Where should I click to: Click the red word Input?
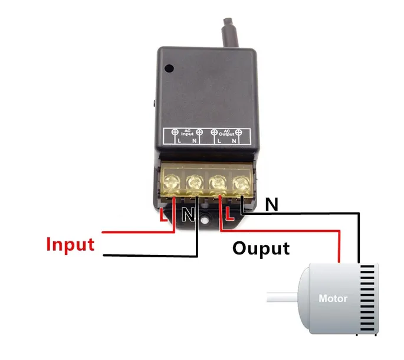tap(70, 244)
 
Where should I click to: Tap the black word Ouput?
tap(261, 248)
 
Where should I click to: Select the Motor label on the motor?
tap(333, 299)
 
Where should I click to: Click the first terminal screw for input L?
tap(173, 182)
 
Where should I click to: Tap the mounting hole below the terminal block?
tap(205, 222)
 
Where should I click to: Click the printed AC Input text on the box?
tap(186, 133)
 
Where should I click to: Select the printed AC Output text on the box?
tap(226, 133)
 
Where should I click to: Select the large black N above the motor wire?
tap(271, 205)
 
